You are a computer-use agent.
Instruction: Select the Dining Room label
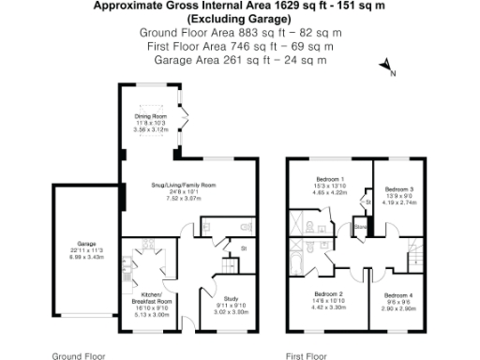(151, 117)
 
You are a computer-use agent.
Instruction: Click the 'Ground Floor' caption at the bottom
(78, 355)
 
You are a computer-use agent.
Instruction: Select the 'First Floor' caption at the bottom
(307, 355)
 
